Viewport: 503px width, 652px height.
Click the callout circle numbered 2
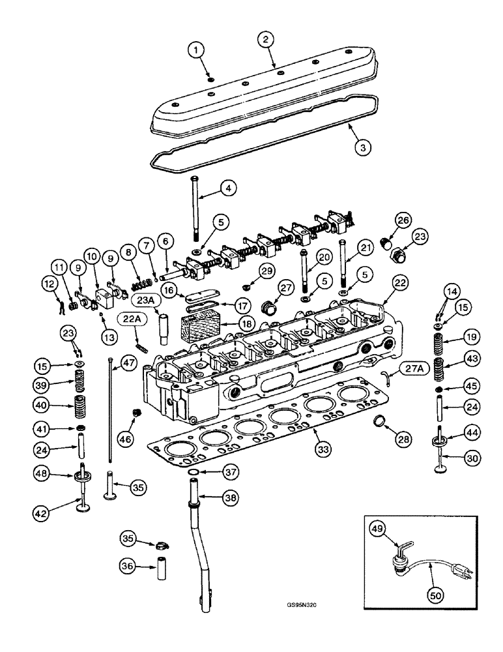pyautogui.click(x=265, y=40)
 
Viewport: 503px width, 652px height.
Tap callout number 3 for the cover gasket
pyautogui.click(x=364, y=147)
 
